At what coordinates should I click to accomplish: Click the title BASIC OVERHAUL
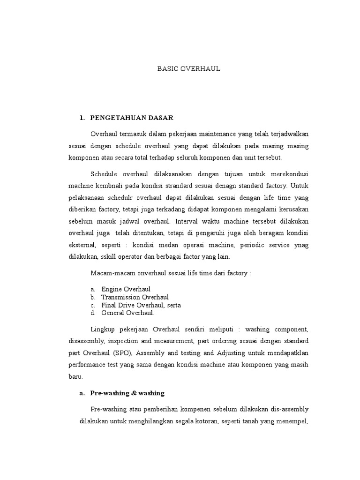coord(188,69)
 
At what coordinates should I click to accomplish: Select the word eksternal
coord(83,245)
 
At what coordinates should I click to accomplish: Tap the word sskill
coord(110,257)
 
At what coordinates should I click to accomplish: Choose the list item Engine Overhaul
coord(126,289)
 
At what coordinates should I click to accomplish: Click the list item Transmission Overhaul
coord(135,297)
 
